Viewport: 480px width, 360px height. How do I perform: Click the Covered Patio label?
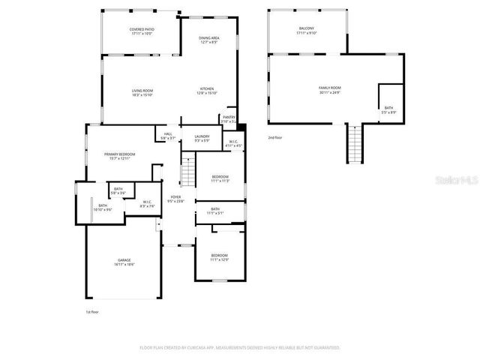pyautogui.click(x=142, y=31)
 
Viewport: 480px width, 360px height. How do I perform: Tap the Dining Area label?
pyautogui.click(x=209, y=40)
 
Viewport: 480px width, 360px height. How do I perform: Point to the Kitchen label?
pyautogui.click(x=207, y=91)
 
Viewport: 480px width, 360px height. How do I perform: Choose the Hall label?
pyautogui.click(x=168, y=136)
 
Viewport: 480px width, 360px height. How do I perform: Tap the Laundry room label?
pyautogui.click(x=202, y=139)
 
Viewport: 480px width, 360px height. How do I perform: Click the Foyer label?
pyautogui.click(x=175, y=199)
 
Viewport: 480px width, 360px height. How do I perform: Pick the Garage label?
pyautogui.click(x=124, y=262)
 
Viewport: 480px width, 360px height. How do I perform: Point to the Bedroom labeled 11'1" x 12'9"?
pyautogui.click(x=219, y=257)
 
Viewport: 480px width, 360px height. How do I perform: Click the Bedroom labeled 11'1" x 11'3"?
pyautogui.click(x=219, y=178)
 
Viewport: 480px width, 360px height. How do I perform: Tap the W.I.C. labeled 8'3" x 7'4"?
pyautogui.click(x=147, y=203)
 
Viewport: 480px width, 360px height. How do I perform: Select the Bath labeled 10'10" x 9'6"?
pyautogui.click(x=103, y=208)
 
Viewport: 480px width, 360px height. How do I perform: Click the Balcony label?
pyautogui.click(x=307, y=31)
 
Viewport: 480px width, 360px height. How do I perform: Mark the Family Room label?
pyautogui.click(x=329, y=90)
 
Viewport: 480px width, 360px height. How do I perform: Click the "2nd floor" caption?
pyautogui.click(x=276, y=138)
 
